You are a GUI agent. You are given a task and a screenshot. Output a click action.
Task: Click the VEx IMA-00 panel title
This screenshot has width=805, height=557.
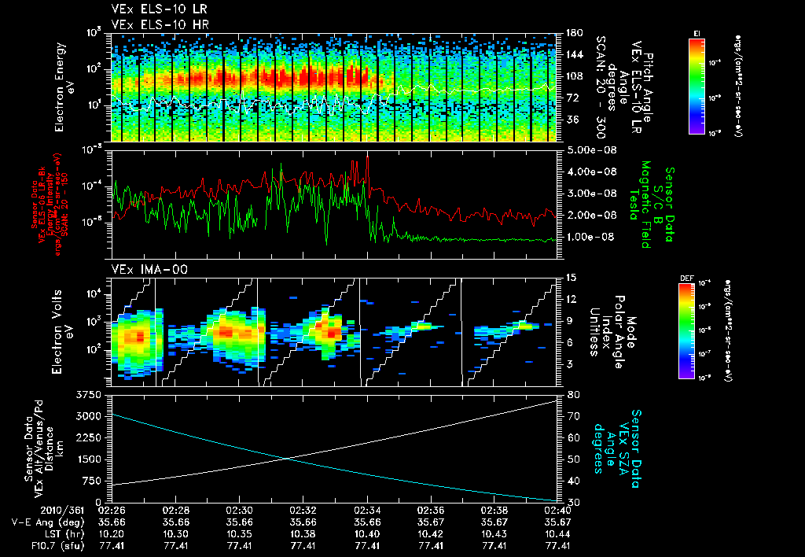coord(144,270)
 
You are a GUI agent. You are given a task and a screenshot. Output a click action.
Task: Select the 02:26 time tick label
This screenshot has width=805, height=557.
coord(112,510)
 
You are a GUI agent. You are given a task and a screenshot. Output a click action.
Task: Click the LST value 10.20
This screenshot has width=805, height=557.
coord(112,533)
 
